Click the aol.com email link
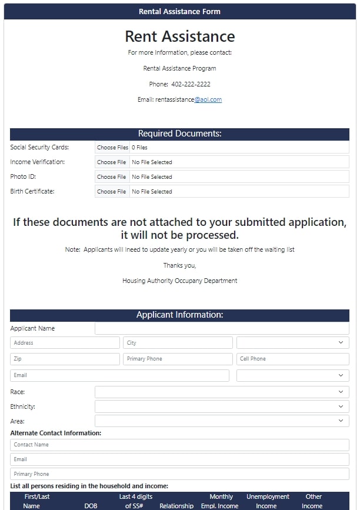(208, 100)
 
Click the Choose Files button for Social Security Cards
(112, 148)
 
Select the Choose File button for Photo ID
(112, 177)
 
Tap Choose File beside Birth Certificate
(112, 192)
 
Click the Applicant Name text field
(222, 329)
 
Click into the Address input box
(65, 343)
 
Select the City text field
(178, 343)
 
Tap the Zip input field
(65, 359)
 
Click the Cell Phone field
(293, 359)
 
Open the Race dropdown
(222, 392)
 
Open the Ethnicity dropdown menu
(222, 406)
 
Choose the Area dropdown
(222, 421)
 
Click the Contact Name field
(179, 445)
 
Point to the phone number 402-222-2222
(191, 84)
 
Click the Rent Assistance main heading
(179, 36)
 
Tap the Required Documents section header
(179, 134)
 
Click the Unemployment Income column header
(268, 501)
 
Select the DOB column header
(91, 506)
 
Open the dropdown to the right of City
(293, 343)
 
